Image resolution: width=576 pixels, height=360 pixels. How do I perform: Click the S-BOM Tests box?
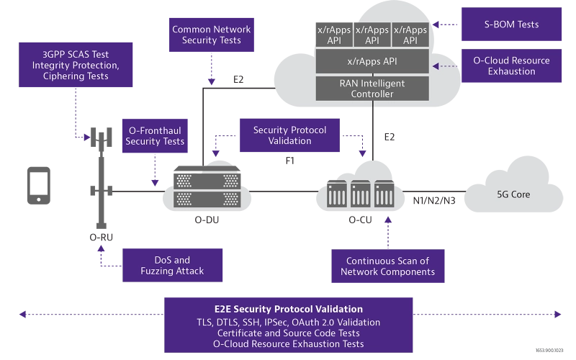tap(511, 24)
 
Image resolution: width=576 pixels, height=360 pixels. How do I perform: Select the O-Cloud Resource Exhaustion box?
tap(511, 66)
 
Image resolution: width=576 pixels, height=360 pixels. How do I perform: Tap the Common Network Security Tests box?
tap(211, 35)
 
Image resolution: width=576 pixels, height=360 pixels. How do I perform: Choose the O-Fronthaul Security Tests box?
tap(155, 135)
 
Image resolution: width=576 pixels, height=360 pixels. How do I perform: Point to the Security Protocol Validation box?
tap(289, 135)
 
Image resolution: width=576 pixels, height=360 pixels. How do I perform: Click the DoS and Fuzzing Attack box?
tap(172, 265)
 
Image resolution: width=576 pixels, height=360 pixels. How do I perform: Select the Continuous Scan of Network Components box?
tap(387, 266)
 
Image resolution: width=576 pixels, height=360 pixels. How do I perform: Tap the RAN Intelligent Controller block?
tap(372, 89)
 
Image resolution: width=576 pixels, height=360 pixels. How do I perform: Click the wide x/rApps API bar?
tap(372, 61)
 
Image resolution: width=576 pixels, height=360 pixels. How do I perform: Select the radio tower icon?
tap(99, 180)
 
